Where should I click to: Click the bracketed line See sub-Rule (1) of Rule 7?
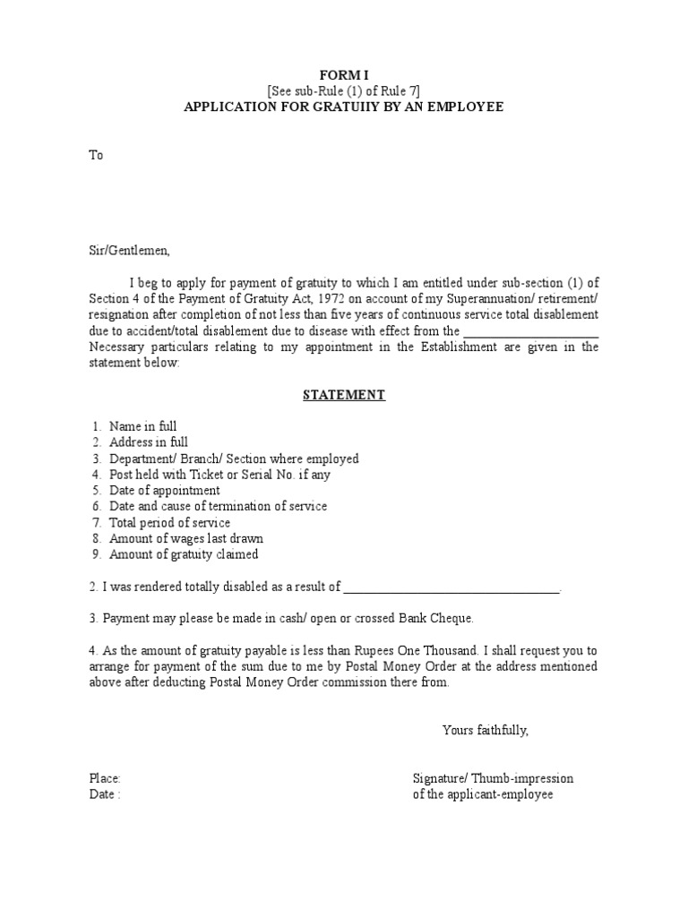(343, 90)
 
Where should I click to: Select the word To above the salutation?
(96, 155)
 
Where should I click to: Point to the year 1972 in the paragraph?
(318, 298)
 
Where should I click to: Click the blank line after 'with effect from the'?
(531, 331)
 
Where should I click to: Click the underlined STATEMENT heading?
(344, 395)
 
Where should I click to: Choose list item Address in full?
(149, 442)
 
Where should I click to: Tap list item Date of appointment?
(164, 491)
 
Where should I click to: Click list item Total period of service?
(169, 522)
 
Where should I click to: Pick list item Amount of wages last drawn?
(185, 538)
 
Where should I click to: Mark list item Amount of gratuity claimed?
(184, 554)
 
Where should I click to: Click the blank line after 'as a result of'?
(451, 587)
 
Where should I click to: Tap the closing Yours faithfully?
(486, 730)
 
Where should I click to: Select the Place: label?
(105, 779)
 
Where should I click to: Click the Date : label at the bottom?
(104, 795)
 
